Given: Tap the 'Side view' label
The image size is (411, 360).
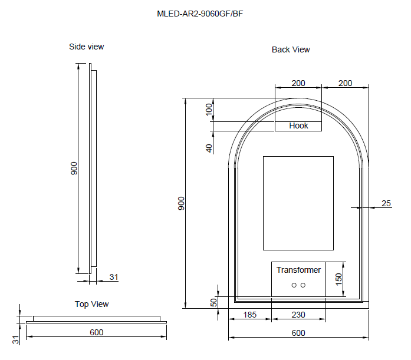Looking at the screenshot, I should click(87, 47).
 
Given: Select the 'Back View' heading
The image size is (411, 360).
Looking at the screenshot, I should click(291, 49).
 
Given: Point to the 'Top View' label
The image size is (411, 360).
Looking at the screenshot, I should click(91, 304).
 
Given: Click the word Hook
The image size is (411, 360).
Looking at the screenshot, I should click(299, 125).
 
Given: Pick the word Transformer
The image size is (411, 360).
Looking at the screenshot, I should click(299, 270).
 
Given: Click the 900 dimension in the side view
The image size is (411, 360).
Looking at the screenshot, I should click(74, 169).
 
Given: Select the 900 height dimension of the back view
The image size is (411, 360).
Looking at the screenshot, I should click(182, 203).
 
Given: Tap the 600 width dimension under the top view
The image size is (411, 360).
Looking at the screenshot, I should click(96, 332).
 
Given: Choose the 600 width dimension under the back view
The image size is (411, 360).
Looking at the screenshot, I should click(298, 333).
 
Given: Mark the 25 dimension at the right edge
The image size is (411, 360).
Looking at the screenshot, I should click(386, 203).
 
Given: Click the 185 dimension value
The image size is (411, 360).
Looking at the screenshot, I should click(249, 315).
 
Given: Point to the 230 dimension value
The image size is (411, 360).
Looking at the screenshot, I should click(298, 315).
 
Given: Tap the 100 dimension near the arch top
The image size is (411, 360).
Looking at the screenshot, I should click(208, 109).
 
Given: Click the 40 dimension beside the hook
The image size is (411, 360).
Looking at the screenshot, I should click(209, 148).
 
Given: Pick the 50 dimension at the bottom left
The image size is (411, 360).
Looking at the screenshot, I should click(214, 302).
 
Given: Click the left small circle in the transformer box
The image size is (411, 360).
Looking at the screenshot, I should click(294, 285).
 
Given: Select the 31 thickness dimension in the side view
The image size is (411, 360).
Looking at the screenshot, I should click(114, 276).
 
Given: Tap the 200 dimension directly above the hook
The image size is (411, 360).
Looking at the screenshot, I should click(298, 83).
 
